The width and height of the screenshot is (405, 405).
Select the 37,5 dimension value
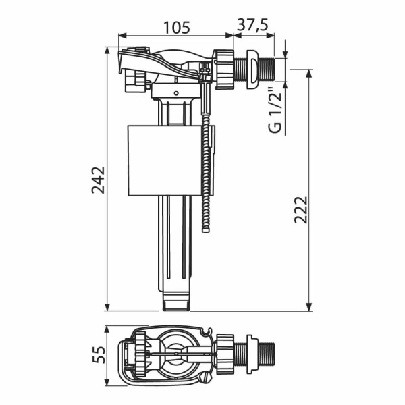coord(252,25)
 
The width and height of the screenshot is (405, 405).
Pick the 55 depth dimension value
coord(99,356)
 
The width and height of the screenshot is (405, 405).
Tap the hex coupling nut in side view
coord(223,67)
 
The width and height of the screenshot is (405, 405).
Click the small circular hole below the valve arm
coord(175,92)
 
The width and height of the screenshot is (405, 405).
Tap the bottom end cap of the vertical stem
coord(178,305)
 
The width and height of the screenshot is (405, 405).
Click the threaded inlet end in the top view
coord(268,353)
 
